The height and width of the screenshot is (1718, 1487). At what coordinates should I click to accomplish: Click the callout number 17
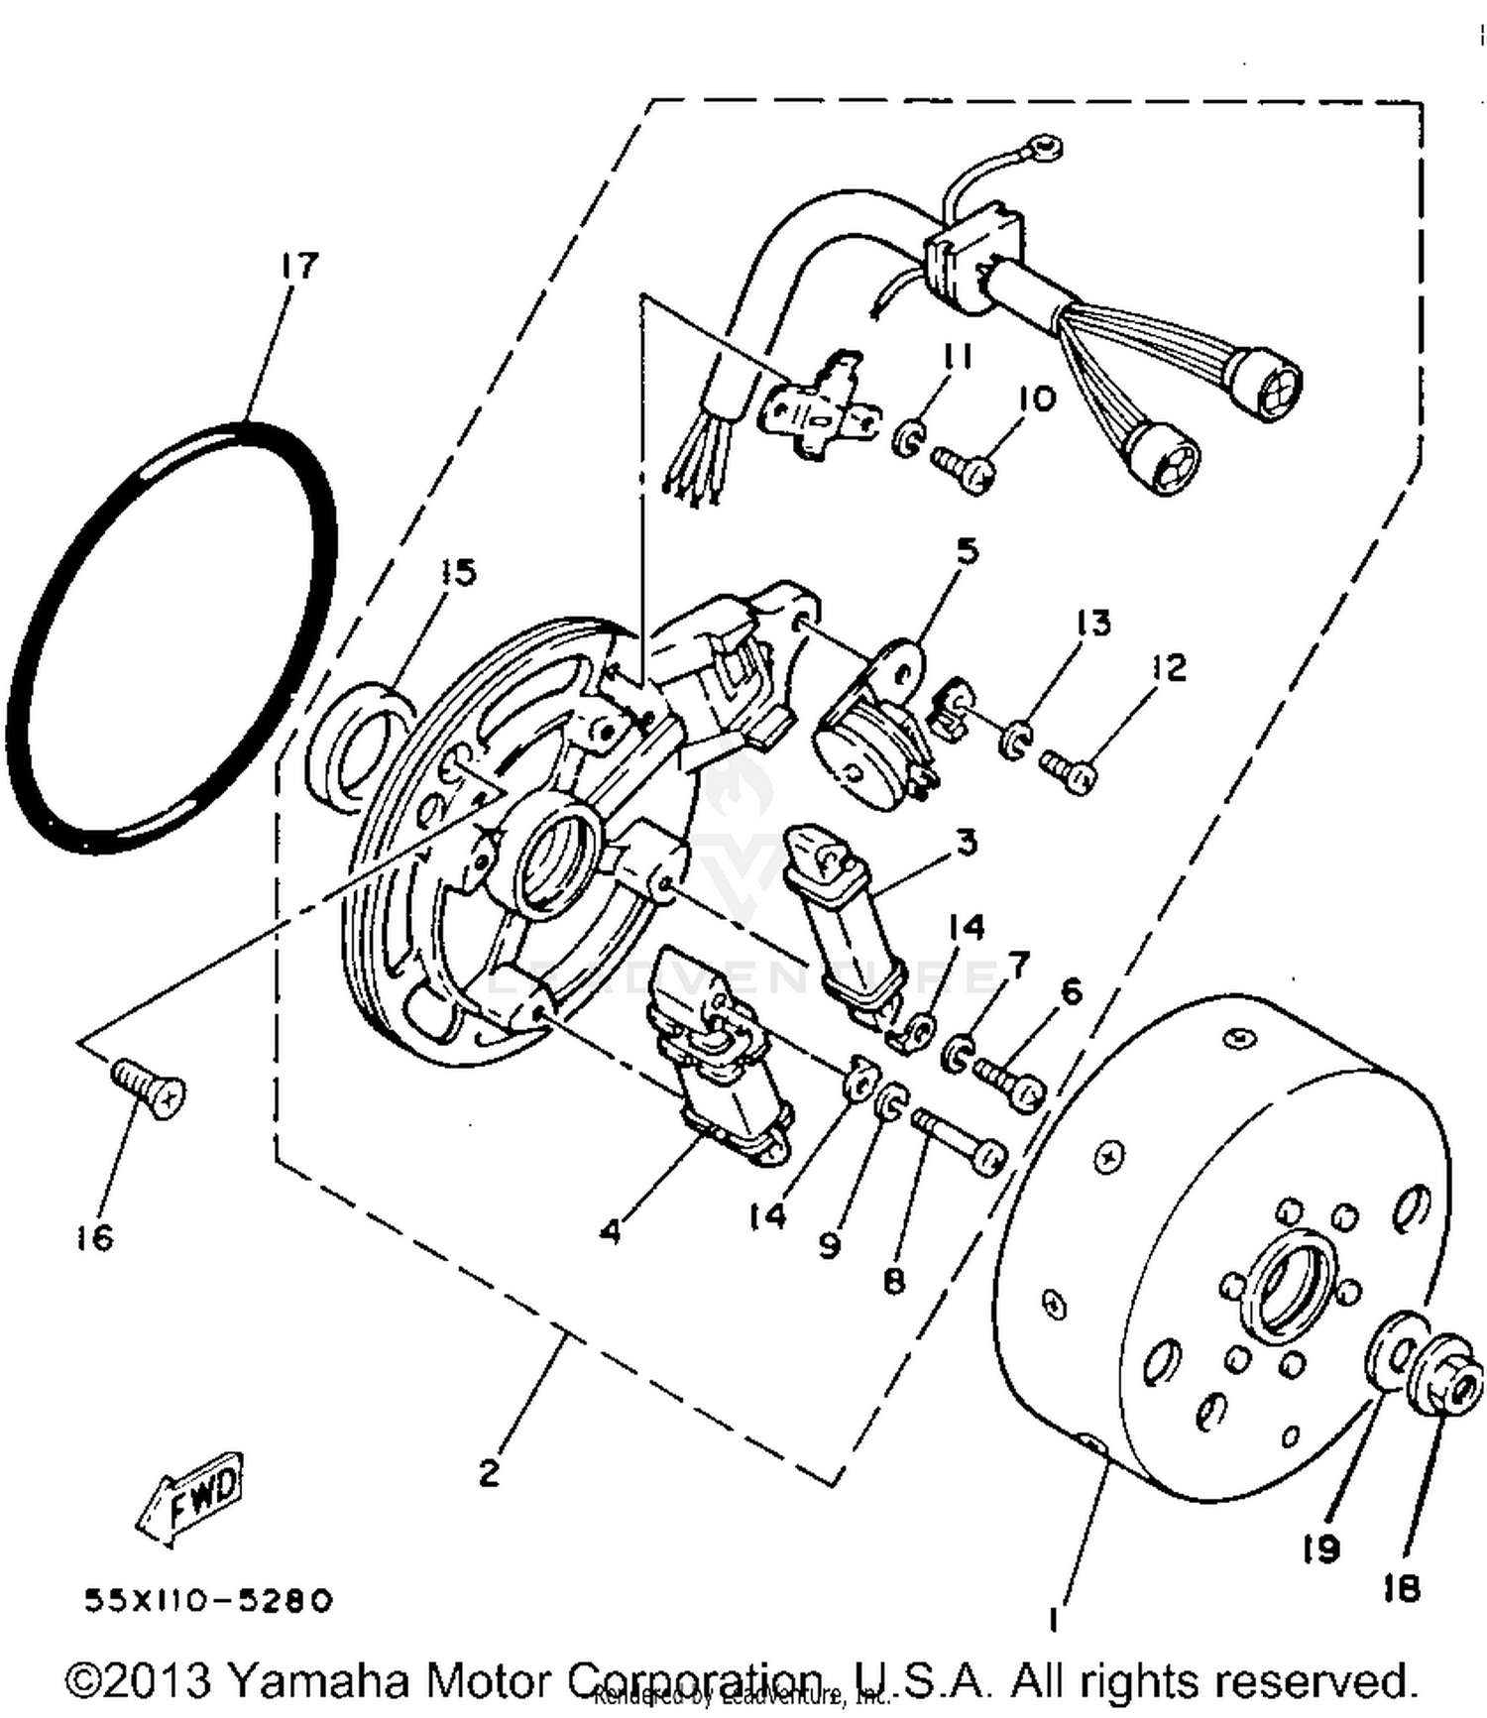coord(299,266)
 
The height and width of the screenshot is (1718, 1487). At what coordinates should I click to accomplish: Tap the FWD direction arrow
coord(193,1498)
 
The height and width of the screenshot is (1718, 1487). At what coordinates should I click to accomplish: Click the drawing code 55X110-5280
coord(208,1600)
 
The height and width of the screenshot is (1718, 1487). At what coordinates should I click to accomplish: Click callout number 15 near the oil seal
coord(458,572)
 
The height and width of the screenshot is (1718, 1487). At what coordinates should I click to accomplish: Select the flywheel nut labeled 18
coord(1450,1379)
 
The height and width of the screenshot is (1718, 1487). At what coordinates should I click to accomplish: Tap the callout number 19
coord(1321,1548)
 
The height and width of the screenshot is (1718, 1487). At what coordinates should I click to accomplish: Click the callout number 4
coord(611,1231)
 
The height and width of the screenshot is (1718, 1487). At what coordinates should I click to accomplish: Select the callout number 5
coord(966,550)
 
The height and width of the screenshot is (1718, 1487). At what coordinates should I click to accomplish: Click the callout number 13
coord(1093,623)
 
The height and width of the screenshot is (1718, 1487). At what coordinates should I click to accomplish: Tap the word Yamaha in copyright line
coord(317,1679)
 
